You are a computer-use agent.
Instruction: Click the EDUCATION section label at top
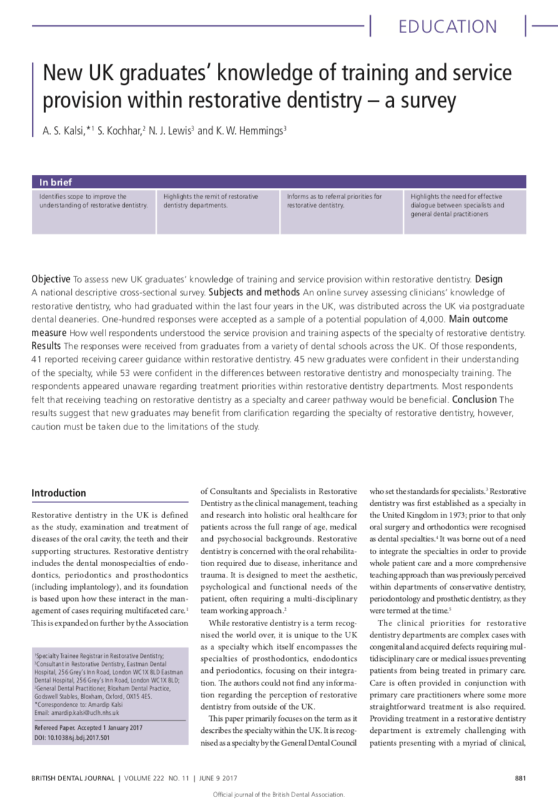[448, 27]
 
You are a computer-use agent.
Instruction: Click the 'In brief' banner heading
[56, 182]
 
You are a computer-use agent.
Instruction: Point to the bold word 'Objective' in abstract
[51, 279]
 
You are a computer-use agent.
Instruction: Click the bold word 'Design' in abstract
[489, 279]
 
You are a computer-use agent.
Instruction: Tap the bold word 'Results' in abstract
[46, 346]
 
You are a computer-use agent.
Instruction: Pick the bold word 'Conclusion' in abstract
[474, 399]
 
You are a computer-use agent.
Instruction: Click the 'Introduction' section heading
[59, 493]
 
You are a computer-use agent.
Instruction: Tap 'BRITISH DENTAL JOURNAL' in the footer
[72, 778]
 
